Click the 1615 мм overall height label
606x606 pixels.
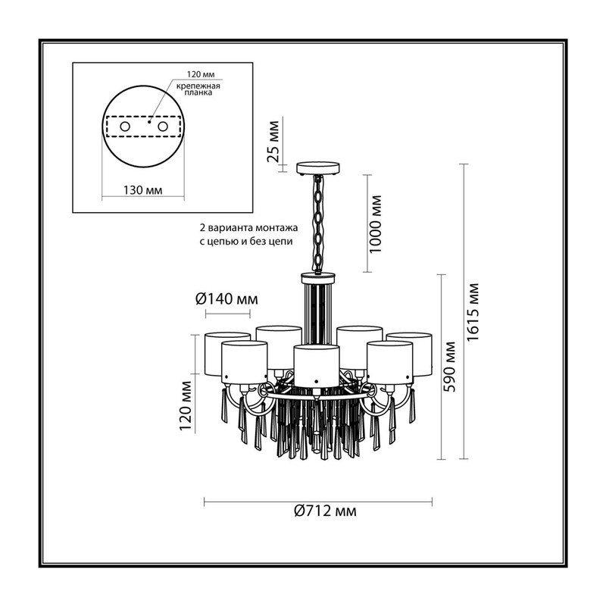[473, 312]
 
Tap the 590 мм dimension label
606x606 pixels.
[449, 367]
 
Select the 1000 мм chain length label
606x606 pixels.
[375, 224]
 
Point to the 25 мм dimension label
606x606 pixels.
[273, 141]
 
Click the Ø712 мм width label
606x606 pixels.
[325, 511]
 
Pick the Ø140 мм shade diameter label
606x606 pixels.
[226, 298]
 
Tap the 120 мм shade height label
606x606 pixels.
[185, 406]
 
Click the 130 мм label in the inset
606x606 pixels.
[142, 190]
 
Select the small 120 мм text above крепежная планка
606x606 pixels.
[201, 73]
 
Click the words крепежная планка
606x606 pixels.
[198, 89]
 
